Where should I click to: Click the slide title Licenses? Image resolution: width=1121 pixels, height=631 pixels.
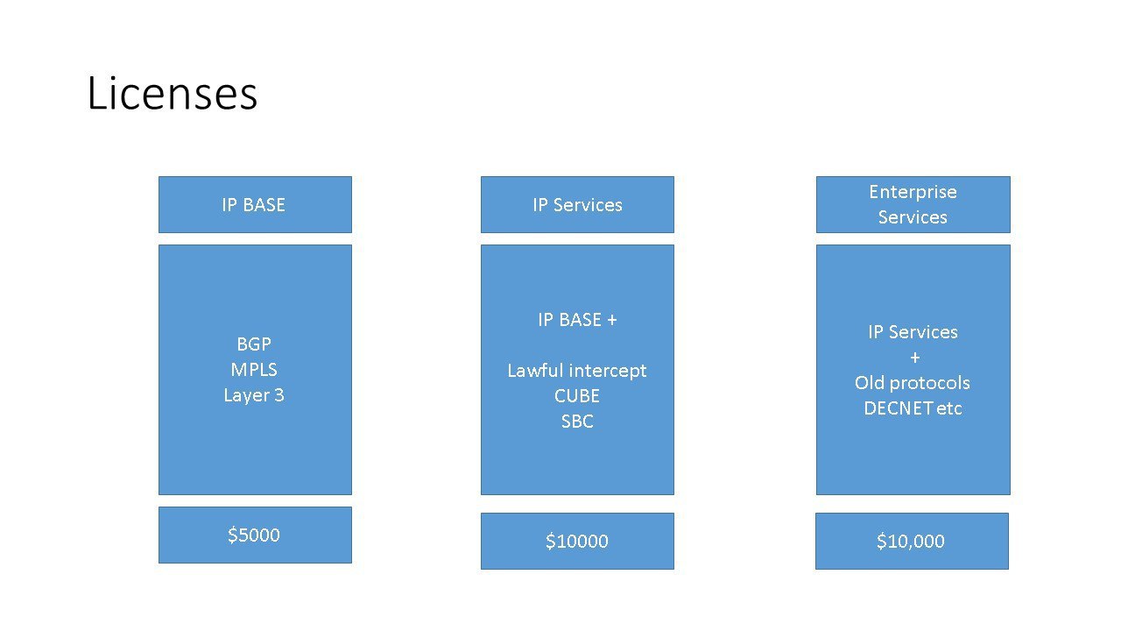[x=173, y=93]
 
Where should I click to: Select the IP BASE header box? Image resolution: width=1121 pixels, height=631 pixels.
[x=255, y=204]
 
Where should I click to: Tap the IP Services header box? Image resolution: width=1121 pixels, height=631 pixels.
[x=577, y=204]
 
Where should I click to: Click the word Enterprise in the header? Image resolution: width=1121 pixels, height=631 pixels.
[x=913, y=192]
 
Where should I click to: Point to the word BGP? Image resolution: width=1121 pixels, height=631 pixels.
[x=254, y=344]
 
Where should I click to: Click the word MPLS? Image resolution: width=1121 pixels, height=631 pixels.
[x=254, y=370]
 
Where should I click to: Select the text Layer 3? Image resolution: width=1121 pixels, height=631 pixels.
[x=254, y=395]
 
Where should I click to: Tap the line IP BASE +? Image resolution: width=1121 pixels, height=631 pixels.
[x=577, y=320]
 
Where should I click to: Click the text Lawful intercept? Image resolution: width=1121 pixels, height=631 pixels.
[x=577, y=371]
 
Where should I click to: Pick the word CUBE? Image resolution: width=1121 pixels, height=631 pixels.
[x=577, y=396]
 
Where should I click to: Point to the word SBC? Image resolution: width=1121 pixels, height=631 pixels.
[x=577, y=422]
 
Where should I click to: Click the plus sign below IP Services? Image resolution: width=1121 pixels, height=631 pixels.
[x=915, y=358]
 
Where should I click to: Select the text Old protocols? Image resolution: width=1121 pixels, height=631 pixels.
[x=913, y=383]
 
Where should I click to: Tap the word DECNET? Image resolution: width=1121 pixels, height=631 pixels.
[x=898, y=408]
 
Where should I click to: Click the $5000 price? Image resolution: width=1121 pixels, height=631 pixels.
[x=254, y=535]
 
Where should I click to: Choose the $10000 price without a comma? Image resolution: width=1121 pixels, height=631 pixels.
[x=577, y=541]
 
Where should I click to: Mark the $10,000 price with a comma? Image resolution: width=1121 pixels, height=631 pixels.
[x=911, y=541]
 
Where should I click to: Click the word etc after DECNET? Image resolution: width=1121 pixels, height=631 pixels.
[x=948, y=408]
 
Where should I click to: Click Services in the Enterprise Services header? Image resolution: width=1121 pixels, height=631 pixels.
[x=913, y=217]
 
